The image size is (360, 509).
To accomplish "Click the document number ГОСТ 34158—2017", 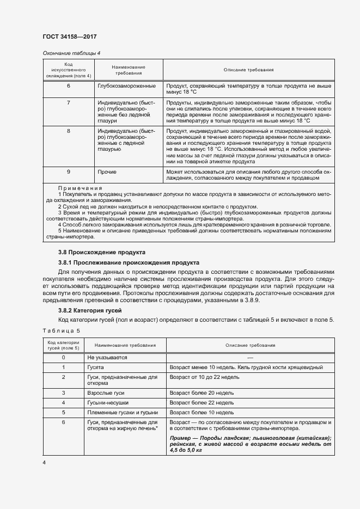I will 70,36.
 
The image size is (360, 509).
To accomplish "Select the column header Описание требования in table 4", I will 248,70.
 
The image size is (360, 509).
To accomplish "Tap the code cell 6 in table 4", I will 69,86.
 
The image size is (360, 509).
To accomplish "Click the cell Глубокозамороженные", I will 126,86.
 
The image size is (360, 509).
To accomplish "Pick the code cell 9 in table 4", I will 69,172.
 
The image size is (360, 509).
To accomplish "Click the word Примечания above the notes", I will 80,188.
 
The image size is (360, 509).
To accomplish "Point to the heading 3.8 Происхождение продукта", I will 101,253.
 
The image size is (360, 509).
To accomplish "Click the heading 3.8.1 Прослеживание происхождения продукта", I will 129,262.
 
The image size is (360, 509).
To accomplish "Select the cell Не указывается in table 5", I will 107,357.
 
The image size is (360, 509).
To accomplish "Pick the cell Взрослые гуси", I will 103,392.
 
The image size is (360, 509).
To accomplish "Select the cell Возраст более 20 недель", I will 202,392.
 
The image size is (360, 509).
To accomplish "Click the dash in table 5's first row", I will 251,357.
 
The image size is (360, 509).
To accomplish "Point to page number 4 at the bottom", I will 44,462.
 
